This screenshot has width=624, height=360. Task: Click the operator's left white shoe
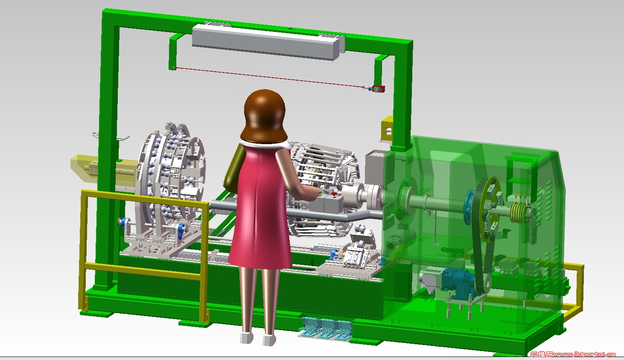pos(247,338)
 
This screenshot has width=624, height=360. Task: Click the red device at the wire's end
pos(378,89)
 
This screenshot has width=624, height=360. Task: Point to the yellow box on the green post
pos(387,129)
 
